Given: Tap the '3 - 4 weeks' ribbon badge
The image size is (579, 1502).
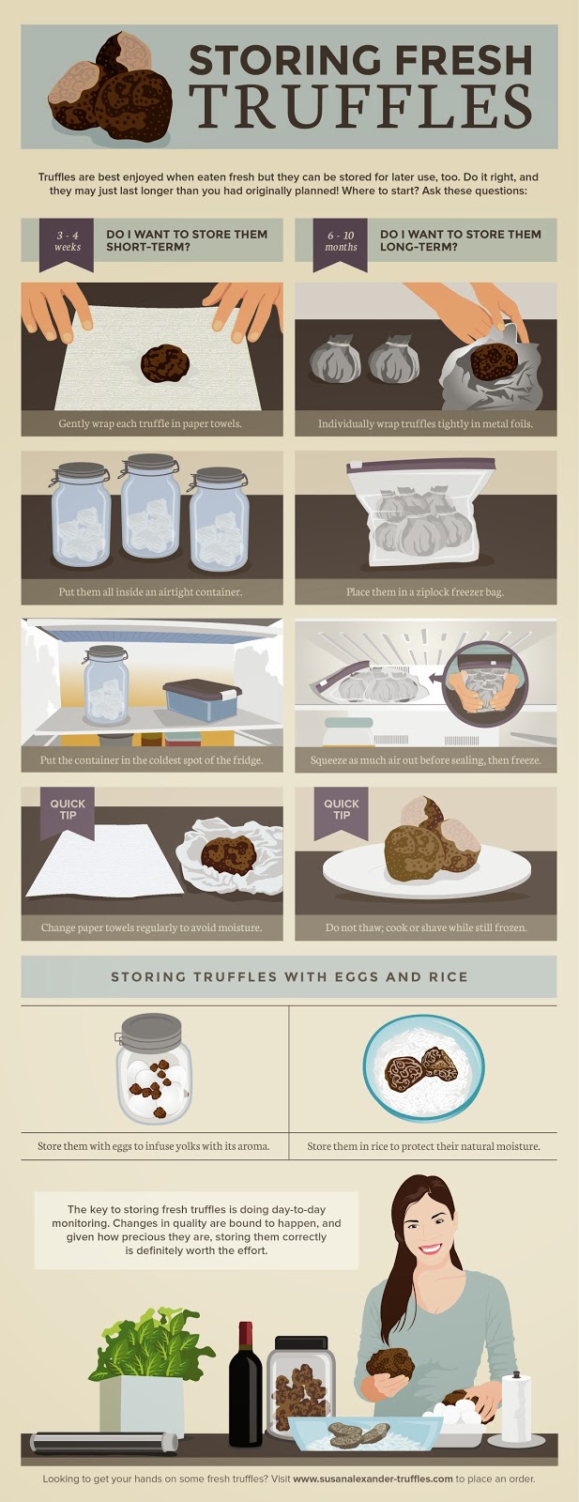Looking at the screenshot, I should tap(68, 241).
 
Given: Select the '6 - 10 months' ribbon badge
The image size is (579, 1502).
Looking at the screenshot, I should tap(341, 241).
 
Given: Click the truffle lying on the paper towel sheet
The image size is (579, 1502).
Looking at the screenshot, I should tap(163, 362).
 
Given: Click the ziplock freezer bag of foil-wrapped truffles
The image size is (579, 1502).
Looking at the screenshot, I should tap(425, 519).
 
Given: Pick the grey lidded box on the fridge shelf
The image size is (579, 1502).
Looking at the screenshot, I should tap(202, 699).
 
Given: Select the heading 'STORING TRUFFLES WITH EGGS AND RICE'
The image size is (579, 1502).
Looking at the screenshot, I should tap(289, 976).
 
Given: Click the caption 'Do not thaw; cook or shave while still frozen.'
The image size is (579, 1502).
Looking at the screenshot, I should tap(426, 927).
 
